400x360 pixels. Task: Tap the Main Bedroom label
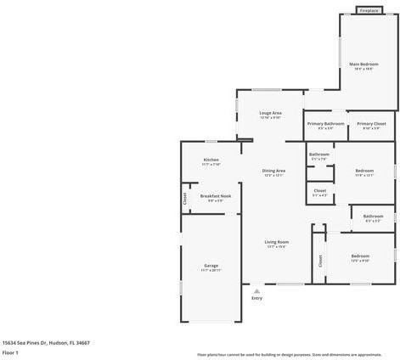pos(363,65)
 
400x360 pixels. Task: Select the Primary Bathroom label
pos(325,124)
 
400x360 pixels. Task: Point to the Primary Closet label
pos(371,124)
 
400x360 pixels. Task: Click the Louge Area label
pos(270,113)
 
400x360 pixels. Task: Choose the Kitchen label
pos(211,160)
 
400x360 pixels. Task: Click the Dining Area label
pos(273,172)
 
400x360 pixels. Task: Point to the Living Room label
pos(277,243)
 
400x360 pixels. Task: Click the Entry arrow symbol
pos(256,290)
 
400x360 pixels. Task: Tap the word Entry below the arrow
pos(256,299)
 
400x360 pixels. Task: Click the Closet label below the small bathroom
pos(319,191)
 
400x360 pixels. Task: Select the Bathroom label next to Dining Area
pos(318,155)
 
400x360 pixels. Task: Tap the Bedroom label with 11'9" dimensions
pos(364,172)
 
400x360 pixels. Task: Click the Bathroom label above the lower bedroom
pos(373,216)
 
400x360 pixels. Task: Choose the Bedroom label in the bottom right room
pos(360,256)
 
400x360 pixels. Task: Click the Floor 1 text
pos(11,352)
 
